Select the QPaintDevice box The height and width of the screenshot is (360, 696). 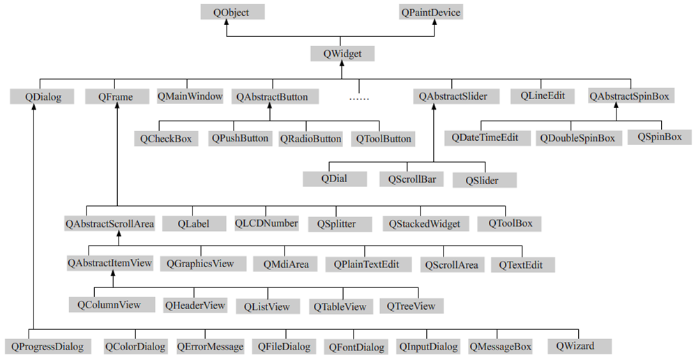point(430,12)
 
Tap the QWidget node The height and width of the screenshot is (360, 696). point(341,53)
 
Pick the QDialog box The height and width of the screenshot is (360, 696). point(43,97)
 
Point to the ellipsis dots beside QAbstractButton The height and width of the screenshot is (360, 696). point(358,98)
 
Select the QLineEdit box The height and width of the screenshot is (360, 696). point(542,96)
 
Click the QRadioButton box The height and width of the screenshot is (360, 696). point(310,139)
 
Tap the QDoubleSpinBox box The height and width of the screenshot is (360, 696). point(577,138)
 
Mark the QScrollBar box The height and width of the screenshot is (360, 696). point(411,179)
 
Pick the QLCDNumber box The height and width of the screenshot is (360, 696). point(266,223)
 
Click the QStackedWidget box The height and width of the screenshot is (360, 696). point(425,224)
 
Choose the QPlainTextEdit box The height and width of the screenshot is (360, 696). point(365,265)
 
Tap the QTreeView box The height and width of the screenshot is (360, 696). point(411,306)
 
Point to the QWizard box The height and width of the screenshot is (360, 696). point(579,345)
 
